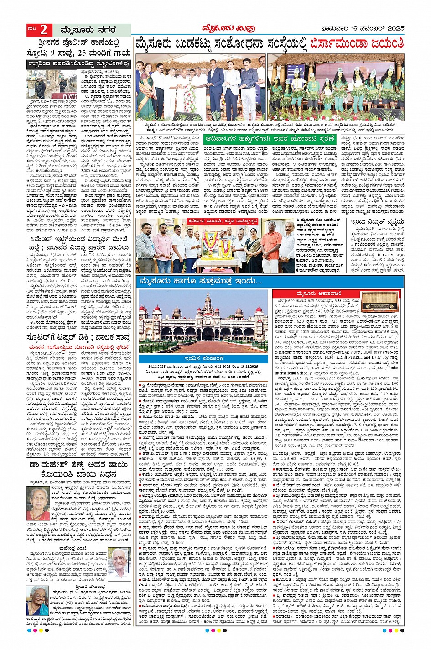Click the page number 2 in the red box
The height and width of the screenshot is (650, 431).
click(x=44, y=30)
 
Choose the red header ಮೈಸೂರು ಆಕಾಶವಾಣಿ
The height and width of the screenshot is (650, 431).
click(x=317, y=293)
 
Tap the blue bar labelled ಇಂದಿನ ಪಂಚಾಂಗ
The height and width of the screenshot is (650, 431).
click(x=203, y=359)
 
